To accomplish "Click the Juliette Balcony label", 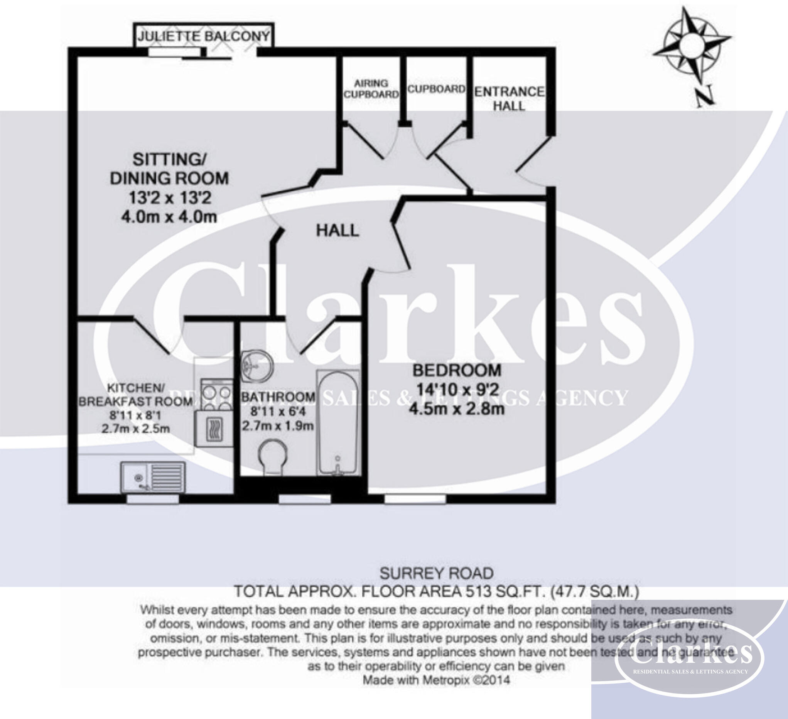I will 203,36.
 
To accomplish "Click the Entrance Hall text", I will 509,98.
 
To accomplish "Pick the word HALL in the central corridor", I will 337,230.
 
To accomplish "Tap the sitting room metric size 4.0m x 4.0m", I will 169,217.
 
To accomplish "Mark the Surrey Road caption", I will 436,574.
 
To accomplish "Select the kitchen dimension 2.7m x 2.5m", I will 136,429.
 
